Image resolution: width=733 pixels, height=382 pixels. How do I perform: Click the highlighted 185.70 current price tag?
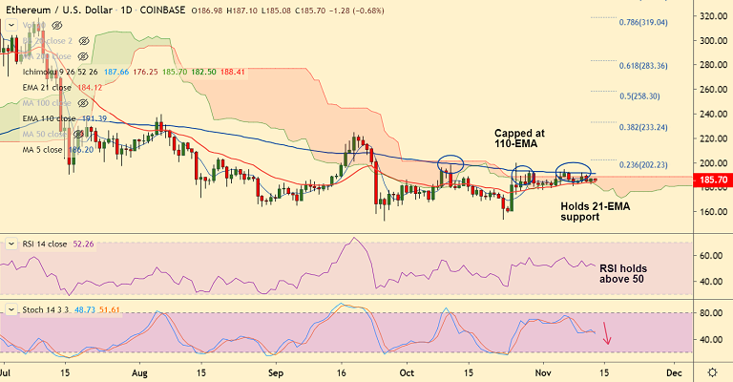[714, 180]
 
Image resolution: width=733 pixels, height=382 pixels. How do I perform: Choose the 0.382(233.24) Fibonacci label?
[641, 127]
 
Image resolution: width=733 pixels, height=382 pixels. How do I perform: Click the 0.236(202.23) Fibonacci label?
[641, 164]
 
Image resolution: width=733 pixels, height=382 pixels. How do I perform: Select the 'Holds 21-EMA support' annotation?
[580, 211]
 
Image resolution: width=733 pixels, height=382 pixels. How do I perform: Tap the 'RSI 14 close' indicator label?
[45, 244]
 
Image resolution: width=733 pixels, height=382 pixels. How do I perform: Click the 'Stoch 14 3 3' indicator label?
[48, 311]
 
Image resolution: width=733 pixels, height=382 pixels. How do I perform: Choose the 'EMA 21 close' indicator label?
[49, 88]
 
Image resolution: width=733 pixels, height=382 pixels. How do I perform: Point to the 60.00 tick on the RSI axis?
[711, 257]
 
